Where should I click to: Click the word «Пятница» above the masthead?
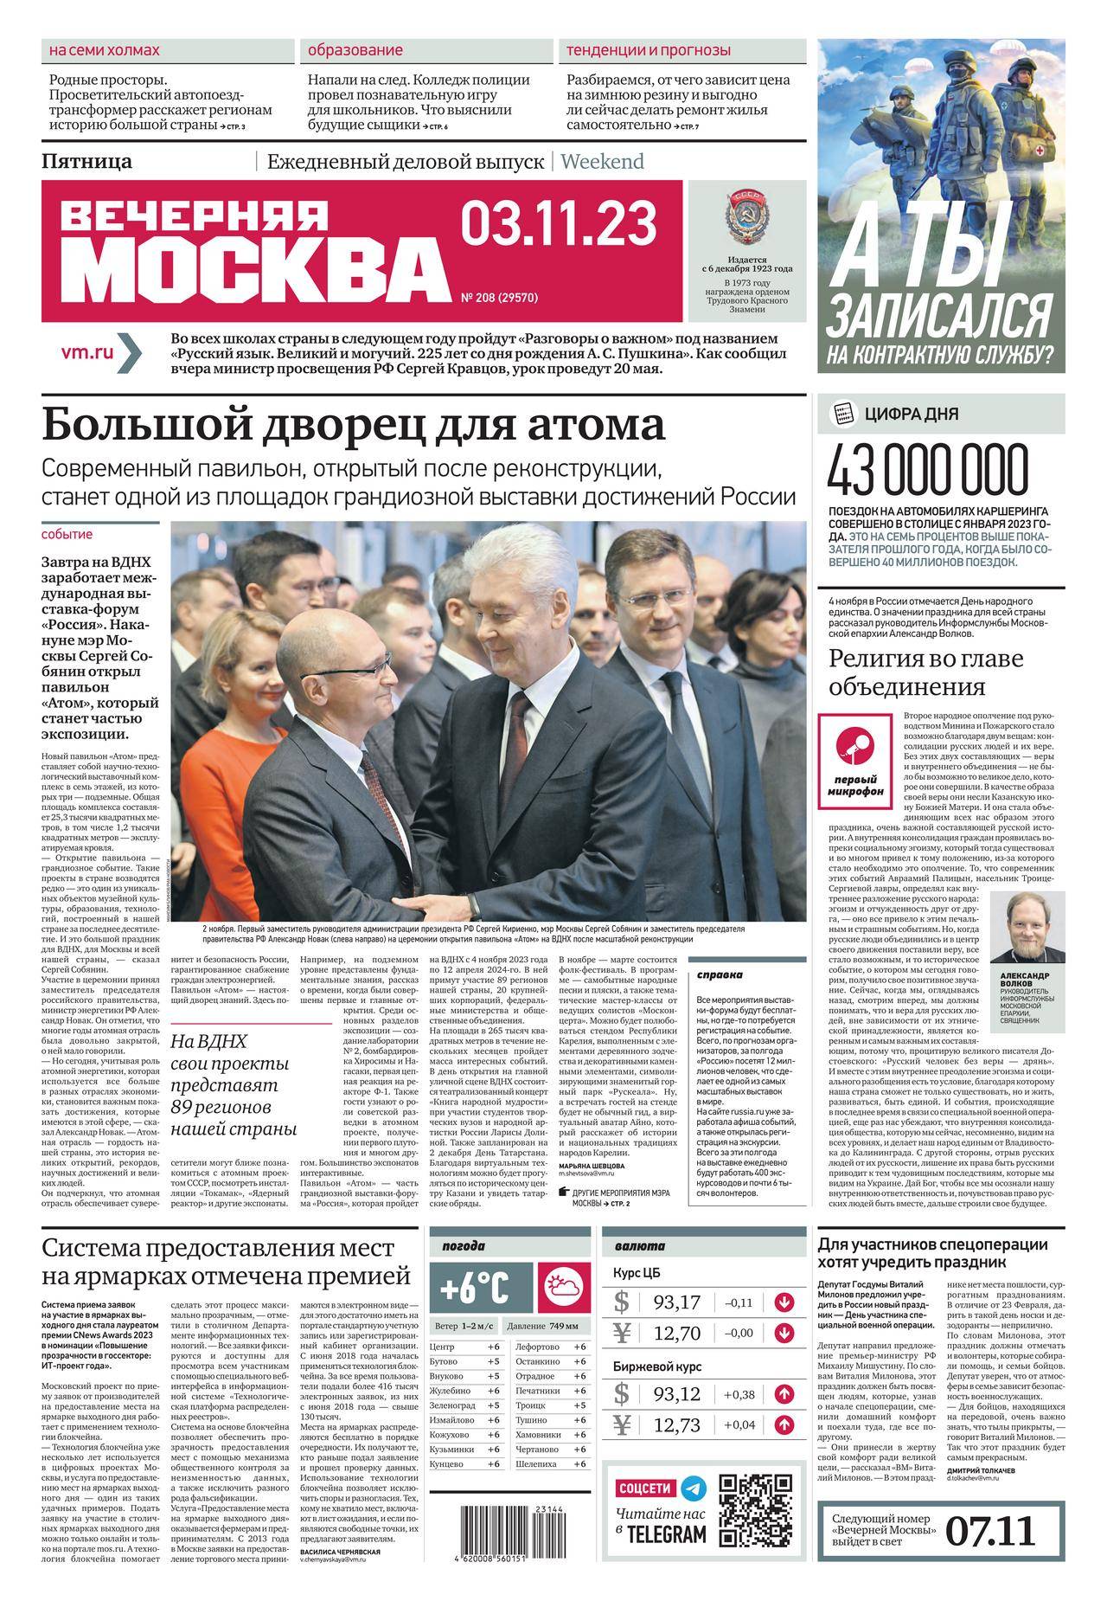[x=86, y=161]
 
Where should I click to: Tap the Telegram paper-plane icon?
[x=693, y=1488]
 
